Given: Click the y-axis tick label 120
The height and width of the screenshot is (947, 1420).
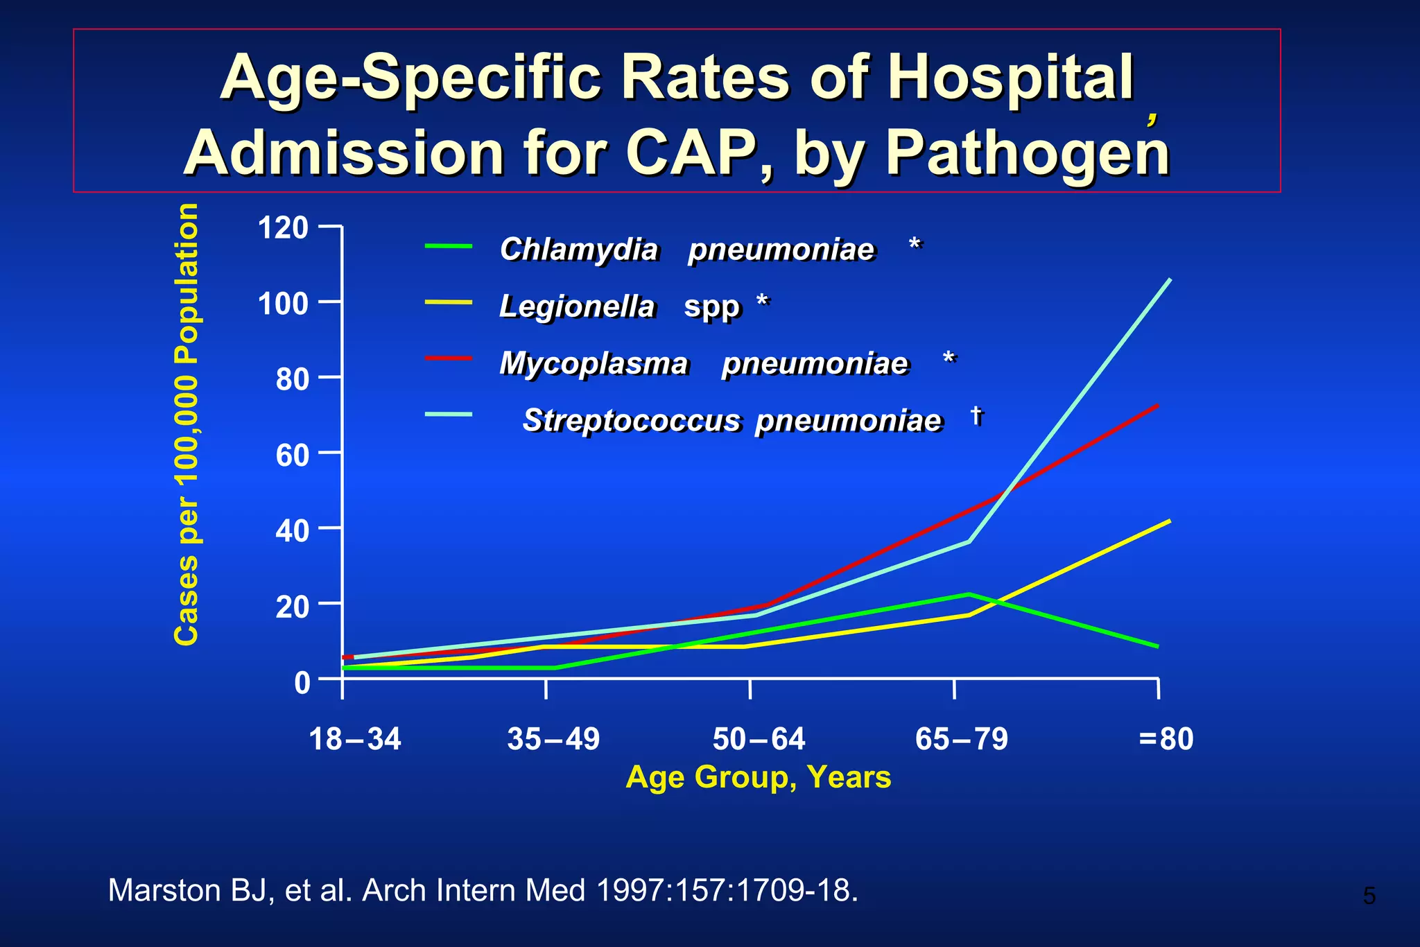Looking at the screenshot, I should [x=283, y=228].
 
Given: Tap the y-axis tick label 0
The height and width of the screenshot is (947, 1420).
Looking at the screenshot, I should [x=302, y=683].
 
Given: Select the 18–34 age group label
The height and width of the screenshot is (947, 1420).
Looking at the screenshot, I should [x=354, y=739].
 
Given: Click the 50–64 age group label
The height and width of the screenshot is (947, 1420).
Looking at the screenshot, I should [x=759, y=739].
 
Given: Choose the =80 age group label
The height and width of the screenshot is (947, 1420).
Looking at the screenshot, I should [x=1166, y=739].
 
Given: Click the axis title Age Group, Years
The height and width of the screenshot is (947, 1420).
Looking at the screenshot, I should [x=758, y=777].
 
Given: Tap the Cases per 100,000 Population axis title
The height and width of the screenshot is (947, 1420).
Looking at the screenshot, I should [x=187, y=424].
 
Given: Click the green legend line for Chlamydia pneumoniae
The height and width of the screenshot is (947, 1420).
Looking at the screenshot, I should [x=449, y=246].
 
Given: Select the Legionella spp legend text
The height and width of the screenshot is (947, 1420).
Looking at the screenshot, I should [x=619, y=306].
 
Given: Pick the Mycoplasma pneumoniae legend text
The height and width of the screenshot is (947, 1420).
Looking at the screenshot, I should [x=703, y=363].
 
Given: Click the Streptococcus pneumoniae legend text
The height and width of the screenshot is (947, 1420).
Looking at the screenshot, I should [x=731, y=421].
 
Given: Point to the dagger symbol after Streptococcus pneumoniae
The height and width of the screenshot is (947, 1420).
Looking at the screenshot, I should [x=976, y=415].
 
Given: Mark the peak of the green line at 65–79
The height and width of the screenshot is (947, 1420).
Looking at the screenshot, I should [x=969, y=594].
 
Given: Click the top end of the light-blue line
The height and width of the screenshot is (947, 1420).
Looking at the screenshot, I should [x=1170, y=279].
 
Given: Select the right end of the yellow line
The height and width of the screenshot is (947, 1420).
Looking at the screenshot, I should [x=1170, y=521].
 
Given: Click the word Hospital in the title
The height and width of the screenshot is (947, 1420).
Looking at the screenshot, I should [x=1010, y=78].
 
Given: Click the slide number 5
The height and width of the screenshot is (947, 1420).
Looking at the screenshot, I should [x=1369, y=896].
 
